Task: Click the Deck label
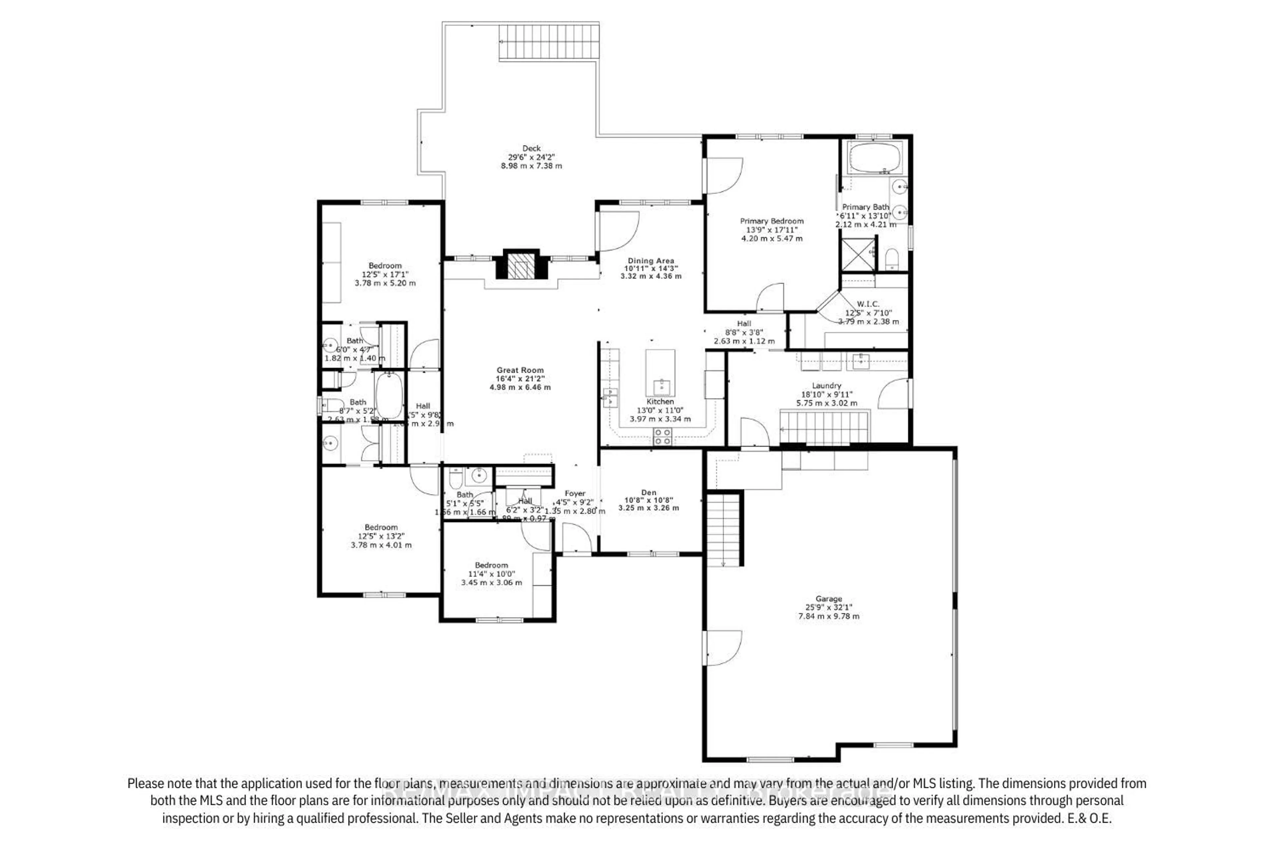[x=531, y=148]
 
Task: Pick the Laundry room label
[x=826, y=385]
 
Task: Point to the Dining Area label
[x=651, y=260]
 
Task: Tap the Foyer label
[x=575, y=493]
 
